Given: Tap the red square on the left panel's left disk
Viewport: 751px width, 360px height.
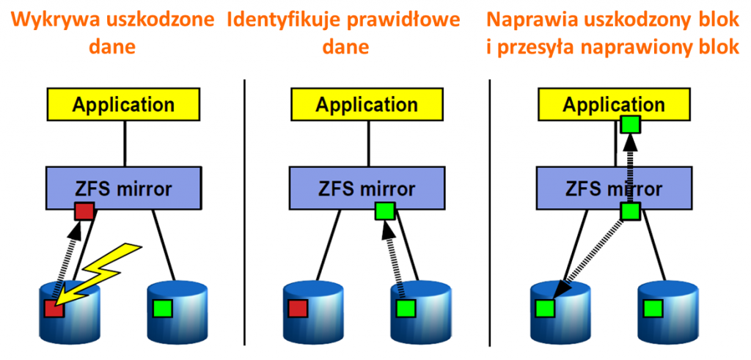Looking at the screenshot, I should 54,308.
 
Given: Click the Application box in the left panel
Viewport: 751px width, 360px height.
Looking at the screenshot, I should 123,104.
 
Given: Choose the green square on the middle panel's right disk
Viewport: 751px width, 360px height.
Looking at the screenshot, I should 406,307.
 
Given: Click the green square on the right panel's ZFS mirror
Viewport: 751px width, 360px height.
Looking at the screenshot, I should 630,212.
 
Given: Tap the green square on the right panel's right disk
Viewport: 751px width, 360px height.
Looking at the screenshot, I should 651,307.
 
